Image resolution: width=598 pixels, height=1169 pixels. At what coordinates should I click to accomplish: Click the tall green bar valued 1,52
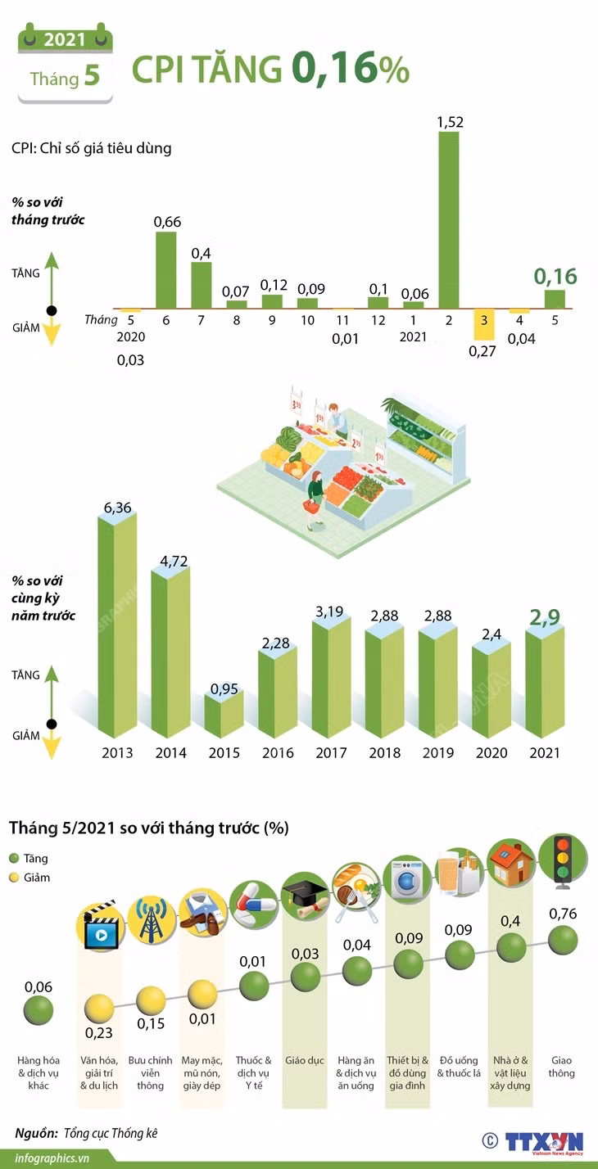click(x=449, y=219)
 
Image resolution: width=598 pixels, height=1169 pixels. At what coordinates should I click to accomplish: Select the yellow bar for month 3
click(x=484, y=325)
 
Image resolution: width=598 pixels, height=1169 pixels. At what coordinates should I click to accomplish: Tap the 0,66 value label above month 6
click(x=167, y=222)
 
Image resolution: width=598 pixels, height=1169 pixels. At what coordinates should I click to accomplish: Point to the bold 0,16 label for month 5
click(x=555, y=276)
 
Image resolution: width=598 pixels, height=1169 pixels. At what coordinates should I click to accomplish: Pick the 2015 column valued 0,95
click(x=224, y=714)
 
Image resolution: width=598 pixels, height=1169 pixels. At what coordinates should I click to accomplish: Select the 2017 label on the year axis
click(x=331, y=752)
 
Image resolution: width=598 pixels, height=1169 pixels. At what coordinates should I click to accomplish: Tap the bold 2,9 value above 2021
click(x=545, y=617)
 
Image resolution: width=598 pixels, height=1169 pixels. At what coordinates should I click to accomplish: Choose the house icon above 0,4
click(x=510, y=863)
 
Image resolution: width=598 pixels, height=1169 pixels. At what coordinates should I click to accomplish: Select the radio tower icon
click(x=151, y=920)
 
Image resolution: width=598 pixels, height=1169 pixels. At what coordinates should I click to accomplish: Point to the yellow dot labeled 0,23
click(x=98, y=1008)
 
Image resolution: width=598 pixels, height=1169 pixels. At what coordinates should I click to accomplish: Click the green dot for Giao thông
click(x=563, y=940)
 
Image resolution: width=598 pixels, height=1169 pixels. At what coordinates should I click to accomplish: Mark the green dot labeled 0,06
click(x=39, y=1010)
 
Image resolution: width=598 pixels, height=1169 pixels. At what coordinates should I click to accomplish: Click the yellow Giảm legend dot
click(x=14, y=878)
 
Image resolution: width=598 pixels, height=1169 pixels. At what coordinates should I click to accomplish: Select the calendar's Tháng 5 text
click(x=65, y=77)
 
